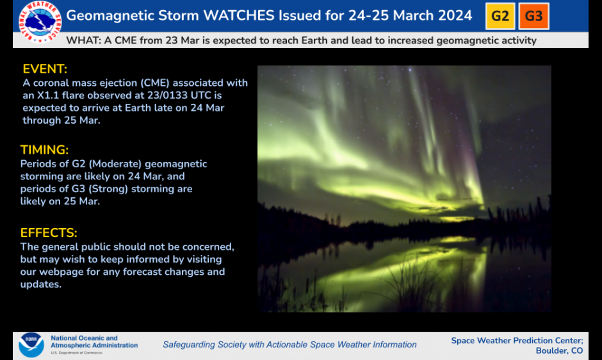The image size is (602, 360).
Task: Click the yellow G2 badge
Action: coord(500,16)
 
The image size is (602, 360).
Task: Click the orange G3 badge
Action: coord(533,16)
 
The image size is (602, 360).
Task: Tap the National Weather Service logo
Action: coord(40,22)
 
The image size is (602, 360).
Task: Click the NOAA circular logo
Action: coord(31,345)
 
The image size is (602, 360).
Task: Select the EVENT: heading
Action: coord(45,69)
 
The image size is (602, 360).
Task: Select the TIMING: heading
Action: coord(45,150)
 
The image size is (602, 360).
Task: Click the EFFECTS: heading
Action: coord(49,233)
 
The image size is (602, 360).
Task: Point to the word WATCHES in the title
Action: coord(239,16)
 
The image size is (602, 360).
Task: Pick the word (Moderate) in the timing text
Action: coord(115,164)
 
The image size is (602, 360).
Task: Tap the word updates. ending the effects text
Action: coord(41,284)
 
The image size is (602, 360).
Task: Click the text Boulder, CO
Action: coord(559,351)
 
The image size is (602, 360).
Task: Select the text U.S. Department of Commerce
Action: coord(76,353)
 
